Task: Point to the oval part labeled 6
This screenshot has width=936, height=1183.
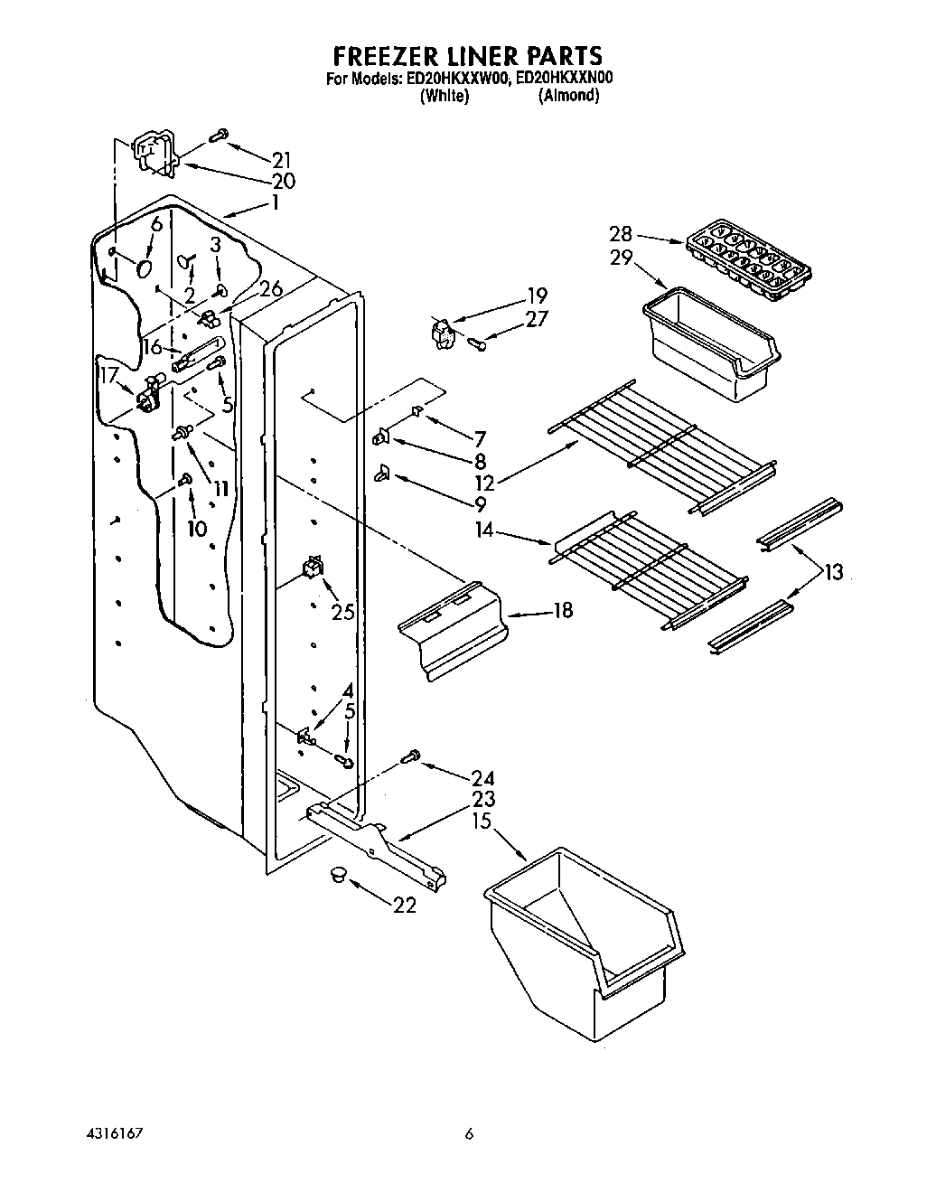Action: [145, 268]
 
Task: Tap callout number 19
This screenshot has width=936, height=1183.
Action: [537, 296]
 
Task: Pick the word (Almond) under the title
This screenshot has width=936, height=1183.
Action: [568, 96]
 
